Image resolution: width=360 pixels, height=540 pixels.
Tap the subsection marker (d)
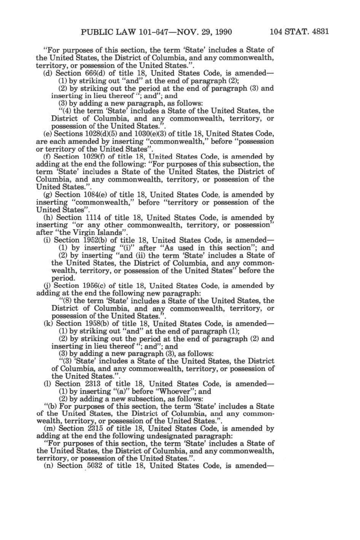click(48, 73)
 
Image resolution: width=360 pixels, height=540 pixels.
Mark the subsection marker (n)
click(49, 466)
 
